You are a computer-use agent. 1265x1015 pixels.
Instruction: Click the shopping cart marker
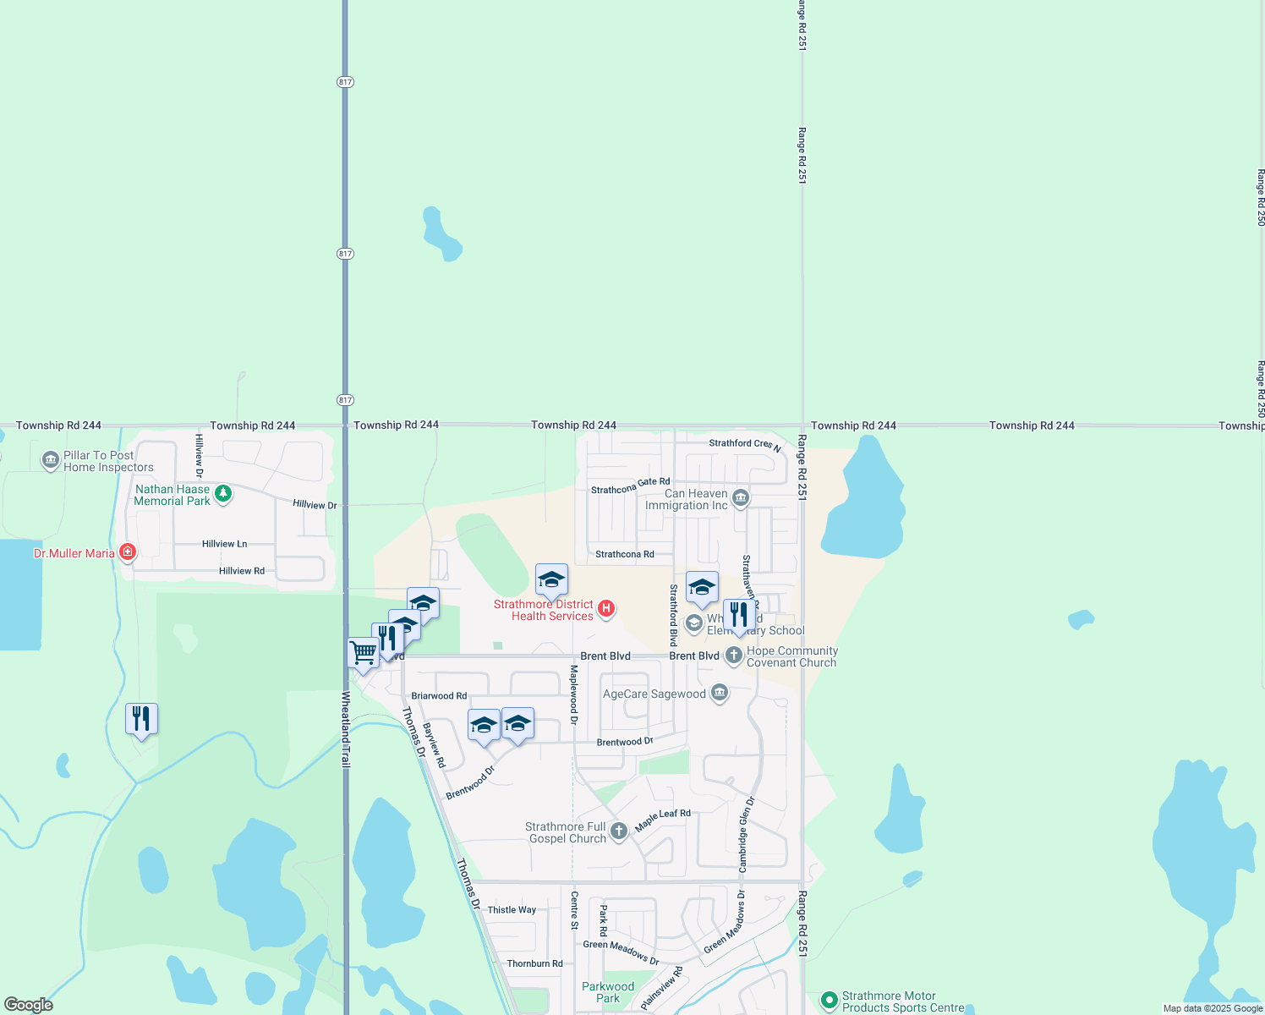coord(363,653)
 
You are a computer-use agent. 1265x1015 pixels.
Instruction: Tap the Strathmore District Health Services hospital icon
coord(606,608)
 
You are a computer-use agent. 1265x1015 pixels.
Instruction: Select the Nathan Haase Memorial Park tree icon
coord(223,493)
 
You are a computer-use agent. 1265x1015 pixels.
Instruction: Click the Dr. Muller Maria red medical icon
coord(128,552)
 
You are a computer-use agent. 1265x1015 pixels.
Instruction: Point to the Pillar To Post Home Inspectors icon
coord(51,460)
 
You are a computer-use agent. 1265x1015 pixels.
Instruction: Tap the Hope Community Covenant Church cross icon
coord(734,655)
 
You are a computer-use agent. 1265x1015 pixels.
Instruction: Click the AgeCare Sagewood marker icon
coord(720,694)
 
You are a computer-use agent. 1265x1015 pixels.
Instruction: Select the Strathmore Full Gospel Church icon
coord(619,831)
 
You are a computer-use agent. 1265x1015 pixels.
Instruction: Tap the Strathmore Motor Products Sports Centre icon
coord(829,1000)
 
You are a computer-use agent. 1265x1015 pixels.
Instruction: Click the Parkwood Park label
coord(608,992)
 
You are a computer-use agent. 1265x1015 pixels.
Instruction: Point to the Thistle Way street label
coord(512,910)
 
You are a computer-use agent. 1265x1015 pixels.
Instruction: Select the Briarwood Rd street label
coord(439,696)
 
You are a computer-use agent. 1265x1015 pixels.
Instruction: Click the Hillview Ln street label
coord(225,544)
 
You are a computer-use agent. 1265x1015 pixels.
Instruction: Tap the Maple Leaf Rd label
coord(663,819)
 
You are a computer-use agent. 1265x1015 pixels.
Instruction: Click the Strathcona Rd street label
coord(625,555)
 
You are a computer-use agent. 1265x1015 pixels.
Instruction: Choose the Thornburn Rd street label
coord(534,963)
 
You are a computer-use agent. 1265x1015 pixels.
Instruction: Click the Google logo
coord(29,1005)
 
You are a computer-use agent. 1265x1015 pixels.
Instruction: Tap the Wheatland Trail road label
coord(346,729)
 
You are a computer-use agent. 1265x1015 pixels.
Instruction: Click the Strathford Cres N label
coord(745,444)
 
